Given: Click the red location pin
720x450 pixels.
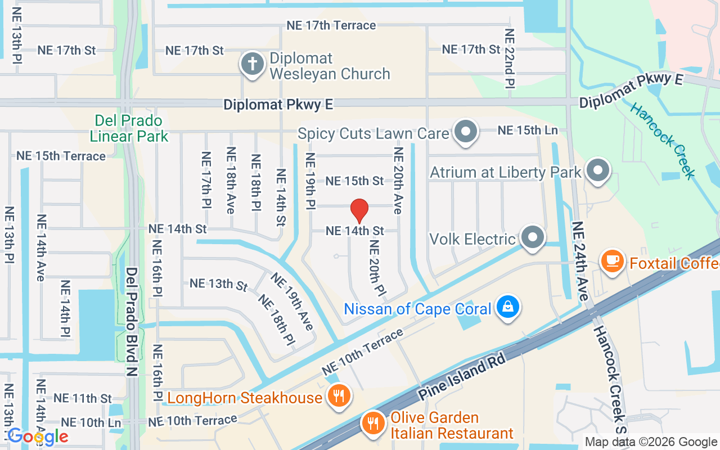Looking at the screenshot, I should tap(359, 211).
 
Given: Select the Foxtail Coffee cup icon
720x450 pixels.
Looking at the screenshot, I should tap(612, 262).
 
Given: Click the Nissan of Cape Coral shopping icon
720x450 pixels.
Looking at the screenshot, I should tap(508, 307).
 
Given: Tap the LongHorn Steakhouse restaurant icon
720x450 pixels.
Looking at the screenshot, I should tap(338, 396).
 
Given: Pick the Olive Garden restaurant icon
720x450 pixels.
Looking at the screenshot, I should tap(372, 421).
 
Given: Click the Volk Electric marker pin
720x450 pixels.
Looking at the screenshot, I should tap(532, 238).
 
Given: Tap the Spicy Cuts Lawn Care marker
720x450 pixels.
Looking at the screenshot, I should tap(466, 132).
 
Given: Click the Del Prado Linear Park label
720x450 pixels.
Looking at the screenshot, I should tap(129, 128).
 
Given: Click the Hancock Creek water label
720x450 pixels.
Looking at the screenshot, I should tap(663, 141).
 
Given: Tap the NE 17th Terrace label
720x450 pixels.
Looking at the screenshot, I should tap(331, 25).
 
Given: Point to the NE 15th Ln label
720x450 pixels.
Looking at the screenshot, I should tap(527, 130).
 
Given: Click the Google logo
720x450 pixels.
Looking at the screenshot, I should tap(38, 436).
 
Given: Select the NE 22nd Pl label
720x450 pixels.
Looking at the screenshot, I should tap(510, 58).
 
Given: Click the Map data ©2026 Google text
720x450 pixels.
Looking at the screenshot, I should tap(650, 442).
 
